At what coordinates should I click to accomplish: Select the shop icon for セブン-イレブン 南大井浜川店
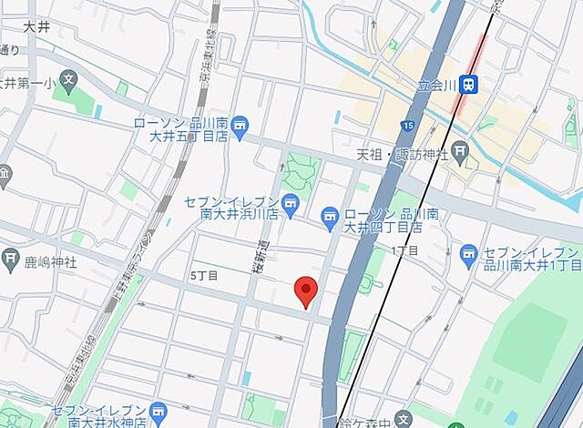291,205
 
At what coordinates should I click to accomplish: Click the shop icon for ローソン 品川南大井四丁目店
330,216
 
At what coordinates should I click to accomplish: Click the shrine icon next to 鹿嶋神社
10,258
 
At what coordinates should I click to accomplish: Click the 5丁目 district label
203,274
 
